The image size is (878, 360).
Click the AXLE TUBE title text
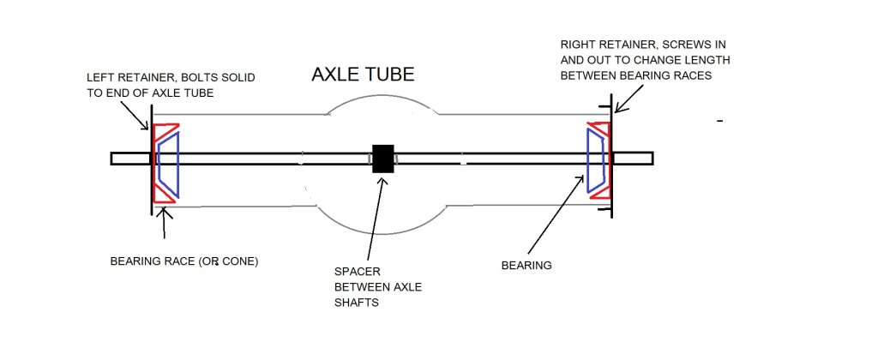363,75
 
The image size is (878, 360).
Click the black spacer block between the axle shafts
382,159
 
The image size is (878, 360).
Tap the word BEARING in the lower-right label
526,266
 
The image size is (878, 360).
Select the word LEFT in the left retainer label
99,76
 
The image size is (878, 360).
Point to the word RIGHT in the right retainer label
577,43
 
